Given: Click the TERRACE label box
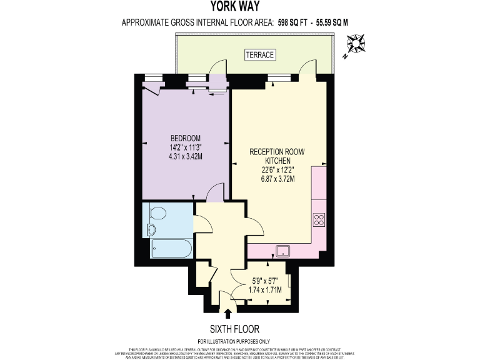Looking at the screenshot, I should point(259,55).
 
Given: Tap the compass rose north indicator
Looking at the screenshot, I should point(357,46).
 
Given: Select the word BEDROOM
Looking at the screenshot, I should point(185,138).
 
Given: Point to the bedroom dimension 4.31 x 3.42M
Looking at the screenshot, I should point(185,156).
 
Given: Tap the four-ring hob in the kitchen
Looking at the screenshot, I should point(318,219).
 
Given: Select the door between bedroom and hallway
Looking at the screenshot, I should point(216,192).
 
